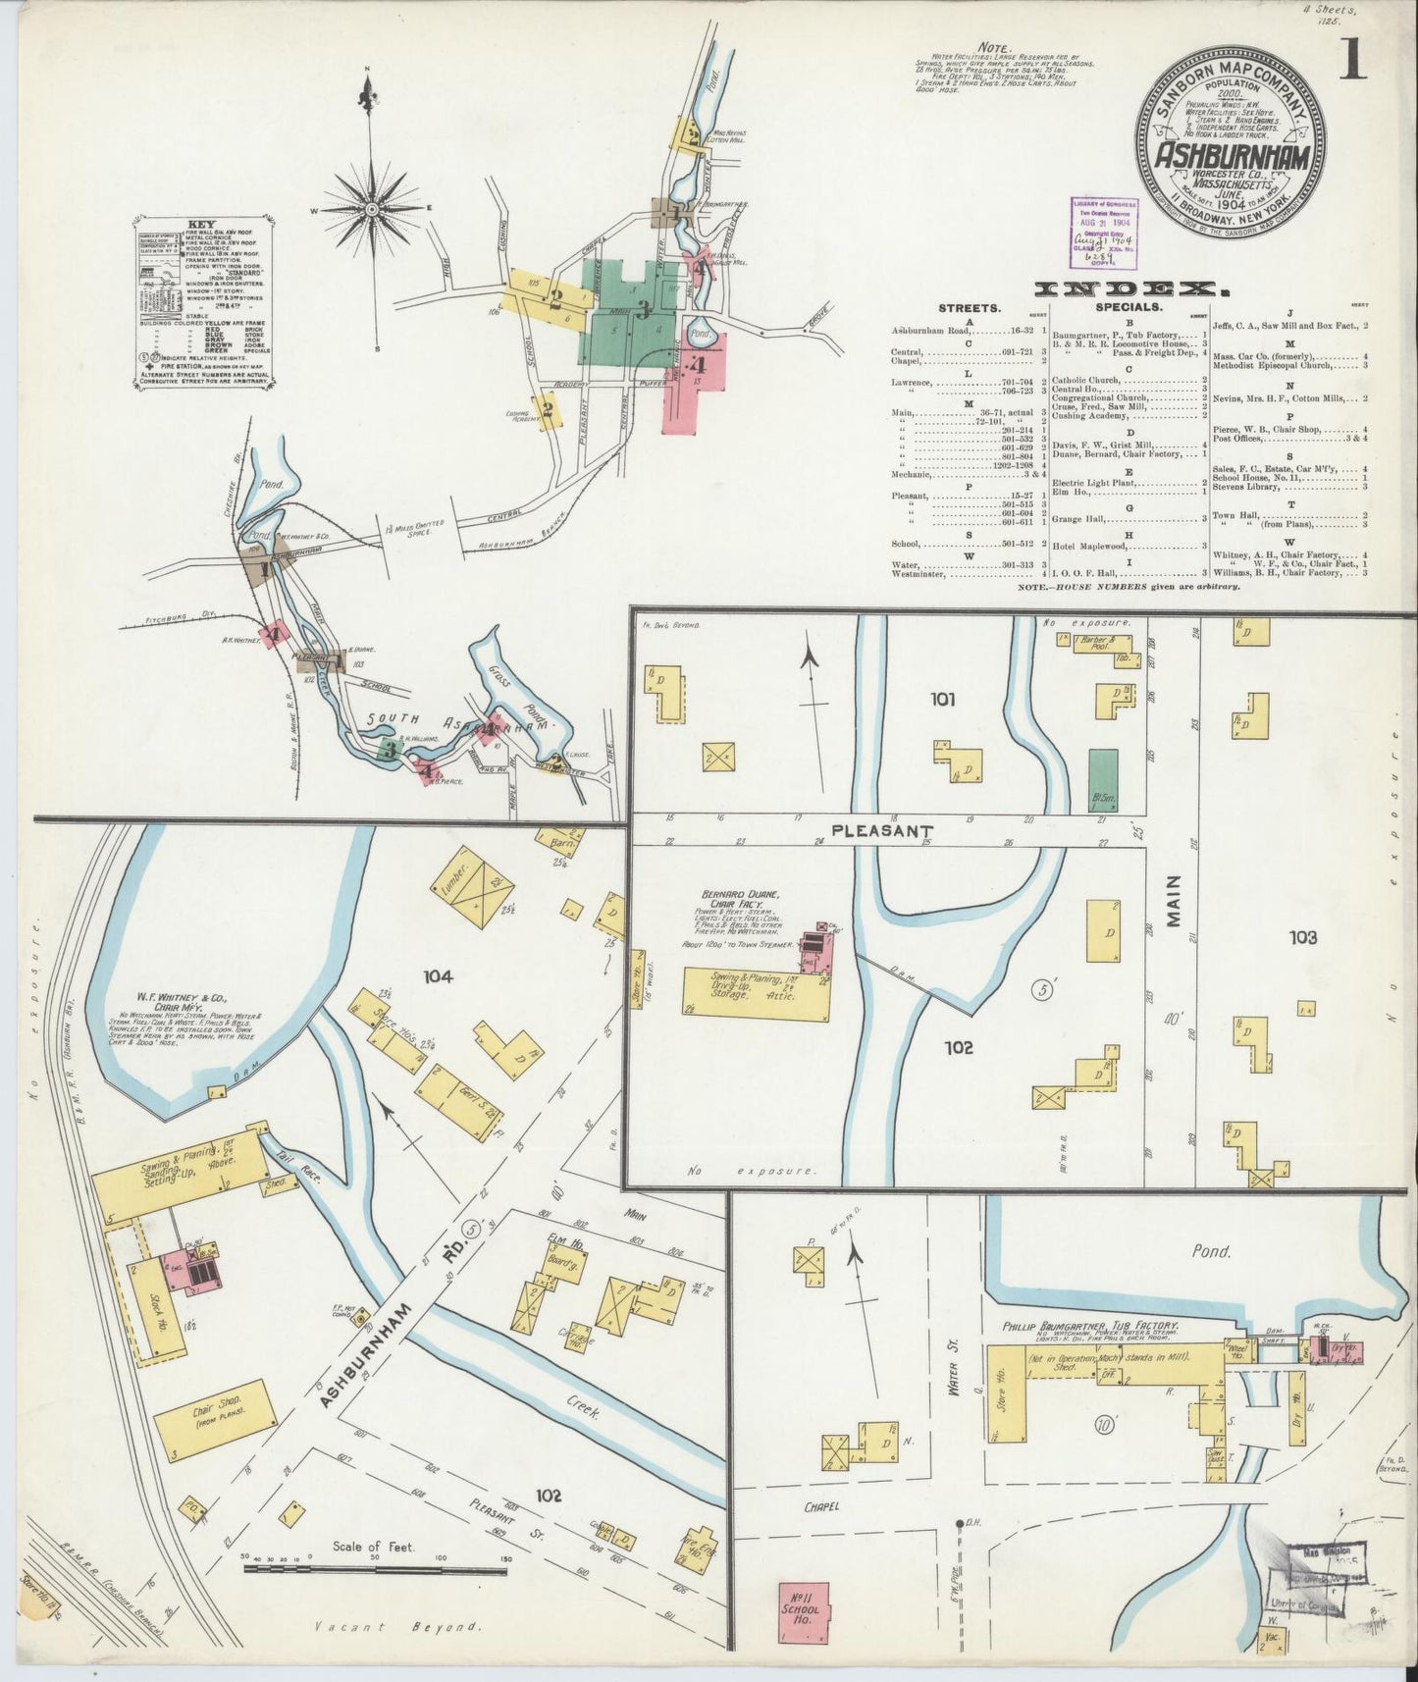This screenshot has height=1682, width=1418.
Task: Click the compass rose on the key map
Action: click(x=372, y=209)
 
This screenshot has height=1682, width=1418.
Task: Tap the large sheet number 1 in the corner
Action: click(x=1354, y=61)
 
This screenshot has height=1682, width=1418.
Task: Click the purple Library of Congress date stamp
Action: click(x=1104, y=233)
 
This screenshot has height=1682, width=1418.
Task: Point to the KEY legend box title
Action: click(x=203, y=224)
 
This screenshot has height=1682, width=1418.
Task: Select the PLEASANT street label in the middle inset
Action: click(x=867, y=830)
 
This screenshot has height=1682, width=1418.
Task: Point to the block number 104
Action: click(x=437, y=975)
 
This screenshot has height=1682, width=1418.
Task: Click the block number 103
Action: click(x=1303, y=938)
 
